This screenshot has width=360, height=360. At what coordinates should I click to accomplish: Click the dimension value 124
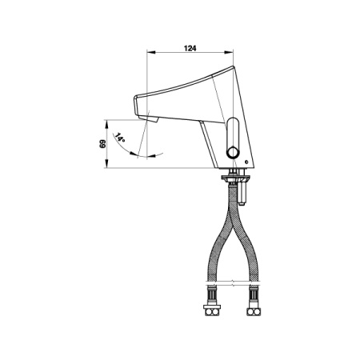[x=190, y=48]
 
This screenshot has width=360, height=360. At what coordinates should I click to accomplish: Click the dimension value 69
[x=102, y=144]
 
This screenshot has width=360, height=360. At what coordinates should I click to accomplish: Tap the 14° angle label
[x=120, y=138]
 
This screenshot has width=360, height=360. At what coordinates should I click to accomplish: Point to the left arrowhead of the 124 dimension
[x=151, y=52]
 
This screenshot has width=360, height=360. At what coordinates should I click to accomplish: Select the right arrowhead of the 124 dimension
[x=229, y=52]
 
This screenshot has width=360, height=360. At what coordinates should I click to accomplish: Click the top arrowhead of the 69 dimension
[x=106, y=124]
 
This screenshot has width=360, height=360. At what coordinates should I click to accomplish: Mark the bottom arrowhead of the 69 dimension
[x=106, y=164]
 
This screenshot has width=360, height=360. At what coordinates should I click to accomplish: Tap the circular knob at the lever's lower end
[x=233, y=153]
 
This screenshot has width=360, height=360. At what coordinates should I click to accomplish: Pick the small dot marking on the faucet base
[x=246, y=162]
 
